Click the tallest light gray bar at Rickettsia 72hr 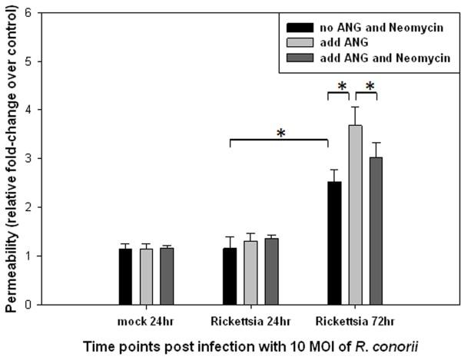click(356, 215)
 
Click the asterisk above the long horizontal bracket click(281, 133)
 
